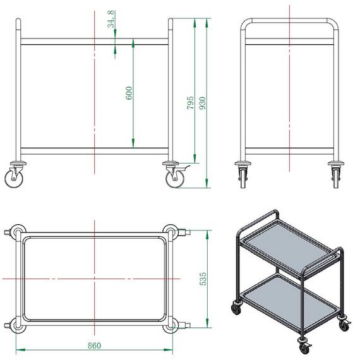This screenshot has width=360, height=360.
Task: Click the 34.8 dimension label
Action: (x=111, y=19)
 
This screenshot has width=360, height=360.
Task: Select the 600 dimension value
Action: (x=129, y=93)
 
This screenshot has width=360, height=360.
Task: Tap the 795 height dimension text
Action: (x=190, y=102)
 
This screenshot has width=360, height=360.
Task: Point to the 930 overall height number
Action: (x=202, y=103)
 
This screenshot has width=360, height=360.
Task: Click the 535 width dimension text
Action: (x=203, y=279)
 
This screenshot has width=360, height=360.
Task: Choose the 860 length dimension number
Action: (x=94, y=345)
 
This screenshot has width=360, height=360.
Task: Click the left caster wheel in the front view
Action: (x=14, y=179)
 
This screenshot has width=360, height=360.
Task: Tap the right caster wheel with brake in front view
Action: (x=175, y=179)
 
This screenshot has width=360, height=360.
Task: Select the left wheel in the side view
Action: (x=243, y=178)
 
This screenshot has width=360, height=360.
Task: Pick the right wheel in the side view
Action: (x=336, y=178)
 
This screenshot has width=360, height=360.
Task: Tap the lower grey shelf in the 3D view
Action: (x=290, y=301)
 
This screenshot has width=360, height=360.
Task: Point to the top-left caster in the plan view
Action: (x=16, y=231)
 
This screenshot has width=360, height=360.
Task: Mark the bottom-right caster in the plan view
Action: (x=176, y=325)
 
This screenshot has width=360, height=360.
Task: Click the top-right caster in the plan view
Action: (x=176, y=232)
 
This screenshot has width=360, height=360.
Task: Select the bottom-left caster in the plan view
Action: (x=16, y=325)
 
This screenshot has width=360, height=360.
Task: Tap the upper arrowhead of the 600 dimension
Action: (x=133, y=43)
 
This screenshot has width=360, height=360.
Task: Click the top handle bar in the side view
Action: (x=289, y=21)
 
